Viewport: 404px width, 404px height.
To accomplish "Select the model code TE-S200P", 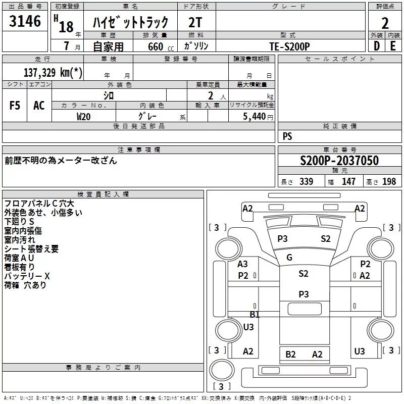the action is pos(289,46).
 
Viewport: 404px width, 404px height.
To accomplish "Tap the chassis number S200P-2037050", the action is pos(339,161).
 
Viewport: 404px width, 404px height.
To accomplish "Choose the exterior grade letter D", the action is pos(376,46).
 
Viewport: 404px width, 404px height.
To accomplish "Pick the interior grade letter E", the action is pos(393,46).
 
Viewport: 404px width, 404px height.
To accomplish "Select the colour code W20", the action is pos(84,116).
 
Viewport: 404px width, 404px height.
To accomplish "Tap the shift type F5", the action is pos(15,106).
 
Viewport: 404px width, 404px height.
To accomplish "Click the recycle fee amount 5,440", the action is pos(255,116).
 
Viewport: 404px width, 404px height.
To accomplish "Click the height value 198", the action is pos(389,182).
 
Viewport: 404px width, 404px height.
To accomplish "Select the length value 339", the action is pos(306,182).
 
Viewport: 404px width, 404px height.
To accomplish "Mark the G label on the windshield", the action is pos(289,258).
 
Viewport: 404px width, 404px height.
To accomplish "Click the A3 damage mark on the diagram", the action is pos(243,264).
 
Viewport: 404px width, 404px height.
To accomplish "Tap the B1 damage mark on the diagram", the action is pos(255,314).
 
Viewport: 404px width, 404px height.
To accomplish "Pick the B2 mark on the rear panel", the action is pos(290,355).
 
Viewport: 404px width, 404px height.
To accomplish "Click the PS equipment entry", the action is pos(287,136).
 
